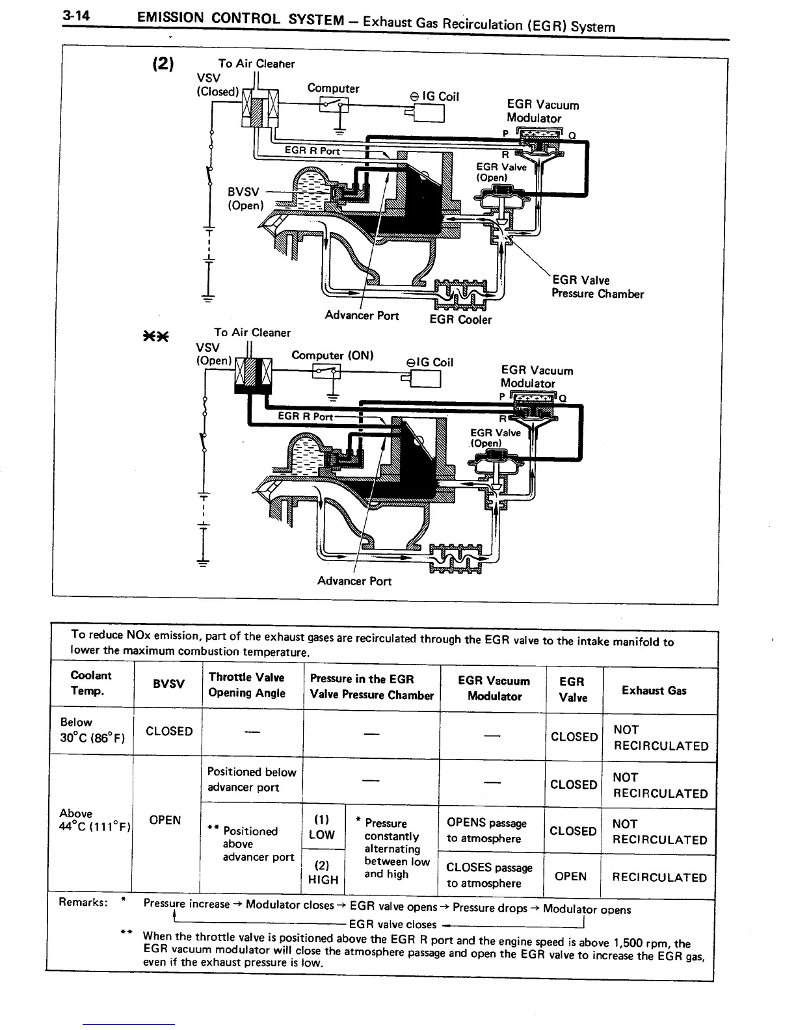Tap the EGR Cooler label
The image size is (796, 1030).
pos(461,319)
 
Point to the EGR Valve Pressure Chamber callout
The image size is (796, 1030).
pos(597,287)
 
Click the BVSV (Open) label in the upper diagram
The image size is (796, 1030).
pos(245,198)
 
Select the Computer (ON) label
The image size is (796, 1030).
pos(332,355)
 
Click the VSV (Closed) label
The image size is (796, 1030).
pos(216,85)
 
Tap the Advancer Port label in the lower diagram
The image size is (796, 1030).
pos(354,581)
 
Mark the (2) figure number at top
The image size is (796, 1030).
pos(163,64)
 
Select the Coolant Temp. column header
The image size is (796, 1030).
pos(90,683)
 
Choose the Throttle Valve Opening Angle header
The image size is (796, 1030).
pos(246,685)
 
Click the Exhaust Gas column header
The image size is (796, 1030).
pos(654,691)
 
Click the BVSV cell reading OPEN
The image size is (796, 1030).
pos(165,820)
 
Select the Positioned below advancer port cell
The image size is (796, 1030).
pos(251,780)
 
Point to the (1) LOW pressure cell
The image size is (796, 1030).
pos(322,826)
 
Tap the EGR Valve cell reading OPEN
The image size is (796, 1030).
pos(571,876)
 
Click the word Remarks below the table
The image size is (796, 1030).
pos(83,902)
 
